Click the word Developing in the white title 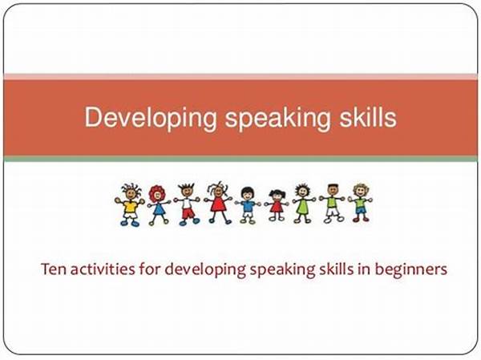[x=151, y=118]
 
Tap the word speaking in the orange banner [x=278, y=118]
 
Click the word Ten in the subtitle [x=54, y=269]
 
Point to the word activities [x=103, y=269]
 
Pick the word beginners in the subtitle [x=411, y=270]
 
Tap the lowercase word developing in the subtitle [x=205, y=270]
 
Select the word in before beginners [x=364, y=269]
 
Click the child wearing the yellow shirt [x=130, y=204]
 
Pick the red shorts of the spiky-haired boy [x=188, y=213]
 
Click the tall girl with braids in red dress [x=218, y=203]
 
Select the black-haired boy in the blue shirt [x=248, y=205]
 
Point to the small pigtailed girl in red [x=277, y=205]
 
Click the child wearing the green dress [x=303, y=204]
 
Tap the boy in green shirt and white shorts [x=332, y=204]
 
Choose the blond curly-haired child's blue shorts [x=361, y=211]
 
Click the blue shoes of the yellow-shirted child [x=130, y=223]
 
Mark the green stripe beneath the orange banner [x=240, y=159]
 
